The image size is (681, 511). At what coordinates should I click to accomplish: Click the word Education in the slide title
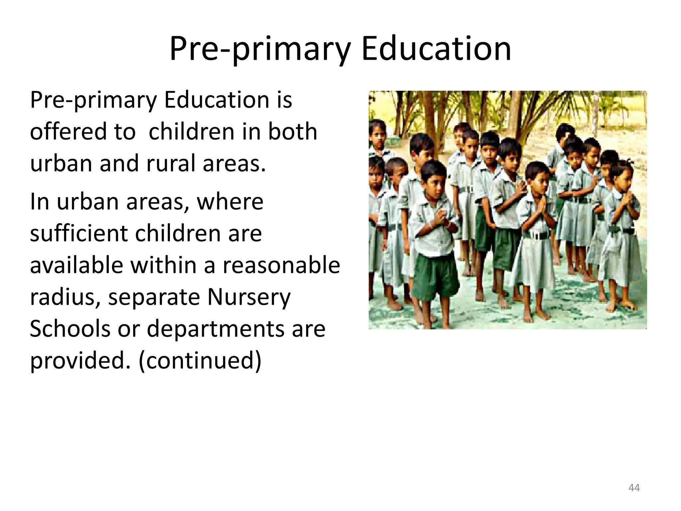click(436, 49)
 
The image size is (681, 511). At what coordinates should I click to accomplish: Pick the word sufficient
click(79, 233)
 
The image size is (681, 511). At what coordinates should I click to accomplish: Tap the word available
click(76, 265)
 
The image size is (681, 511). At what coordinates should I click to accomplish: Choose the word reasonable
click(281, 265)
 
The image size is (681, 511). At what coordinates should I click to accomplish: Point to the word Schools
click(69, 329)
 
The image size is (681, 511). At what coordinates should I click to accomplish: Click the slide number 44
click(634, 488)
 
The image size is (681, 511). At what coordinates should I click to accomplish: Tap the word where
click(230, 202)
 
